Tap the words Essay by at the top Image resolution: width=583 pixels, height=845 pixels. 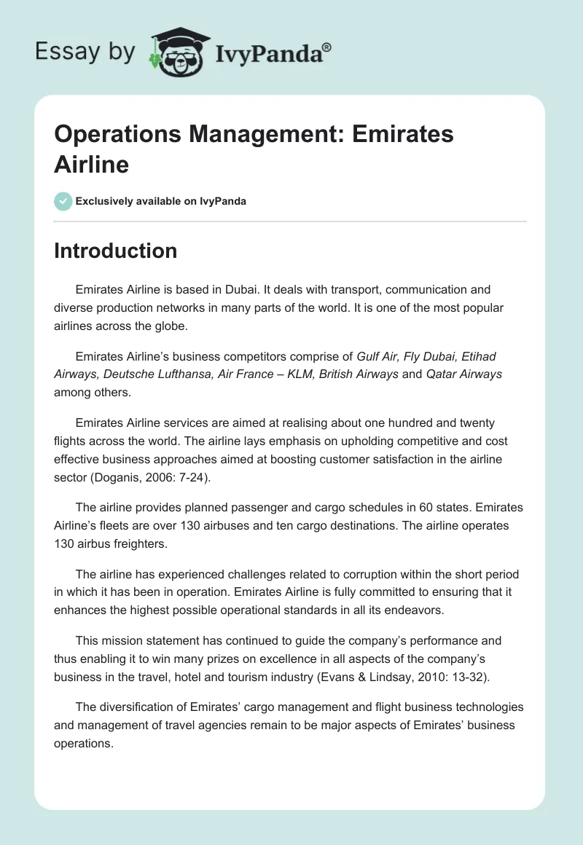click(x=86, y=52)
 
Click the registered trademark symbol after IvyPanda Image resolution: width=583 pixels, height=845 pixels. click(x=327, y=48)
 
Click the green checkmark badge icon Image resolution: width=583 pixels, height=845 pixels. click(x=63, y=201)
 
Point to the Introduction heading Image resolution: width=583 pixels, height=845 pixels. click(x=115, y=251)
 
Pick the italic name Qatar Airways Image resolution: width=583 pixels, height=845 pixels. click(x=463, y=374)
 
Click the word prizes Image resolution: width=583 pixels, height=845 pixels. click(x=222, y=659)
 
